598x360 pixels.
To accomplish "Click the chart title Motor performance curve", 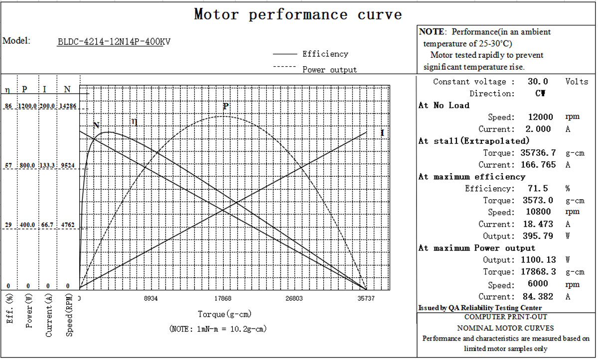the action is [x=298, y=14].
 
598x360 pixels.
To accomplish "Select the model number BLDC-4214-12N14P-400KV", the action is [x=114, y=42].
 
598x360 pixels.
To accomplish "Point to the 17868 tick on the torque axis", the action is [x=223, y=298].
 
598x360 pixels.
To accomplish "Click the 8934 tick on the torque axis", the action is [x=151, y=298].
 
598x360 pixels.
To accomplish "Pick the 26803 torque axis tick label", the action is [x=294, y=298].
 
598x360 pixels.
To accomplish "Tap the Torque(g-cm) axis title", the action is [x=225, y=314].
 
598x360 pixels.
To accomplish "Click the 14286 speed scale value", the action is [x=68, y=106].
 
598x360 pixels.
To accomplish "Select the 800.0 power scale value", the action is [x=27, y=166].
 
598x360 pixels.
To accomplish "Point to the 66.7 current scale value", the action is [x=47, y=225].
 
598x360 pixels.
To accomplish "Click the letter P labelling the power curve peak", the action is [x=226, y=106].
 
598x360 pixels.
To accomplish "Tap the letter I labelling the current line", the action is [x=382, y=133].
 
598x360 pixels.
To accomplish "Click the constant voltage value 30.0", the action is [x=538, y=81].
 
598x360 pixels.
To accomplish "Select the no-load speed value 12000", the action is [x=540, y=117].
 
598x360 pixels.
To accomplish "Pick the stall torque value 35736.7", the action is [x=538, y=153].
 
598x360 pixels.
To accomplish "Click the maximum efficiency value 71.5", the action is [x=538, y=189].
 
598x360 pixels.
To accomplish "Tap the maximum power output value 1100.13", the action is [x=538, y=260].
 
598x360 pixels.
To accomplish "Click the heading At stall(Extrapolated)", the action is [x=474, y=141].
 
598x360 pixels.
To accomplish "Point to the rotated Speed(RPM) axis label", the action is [x=69, y=315].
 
